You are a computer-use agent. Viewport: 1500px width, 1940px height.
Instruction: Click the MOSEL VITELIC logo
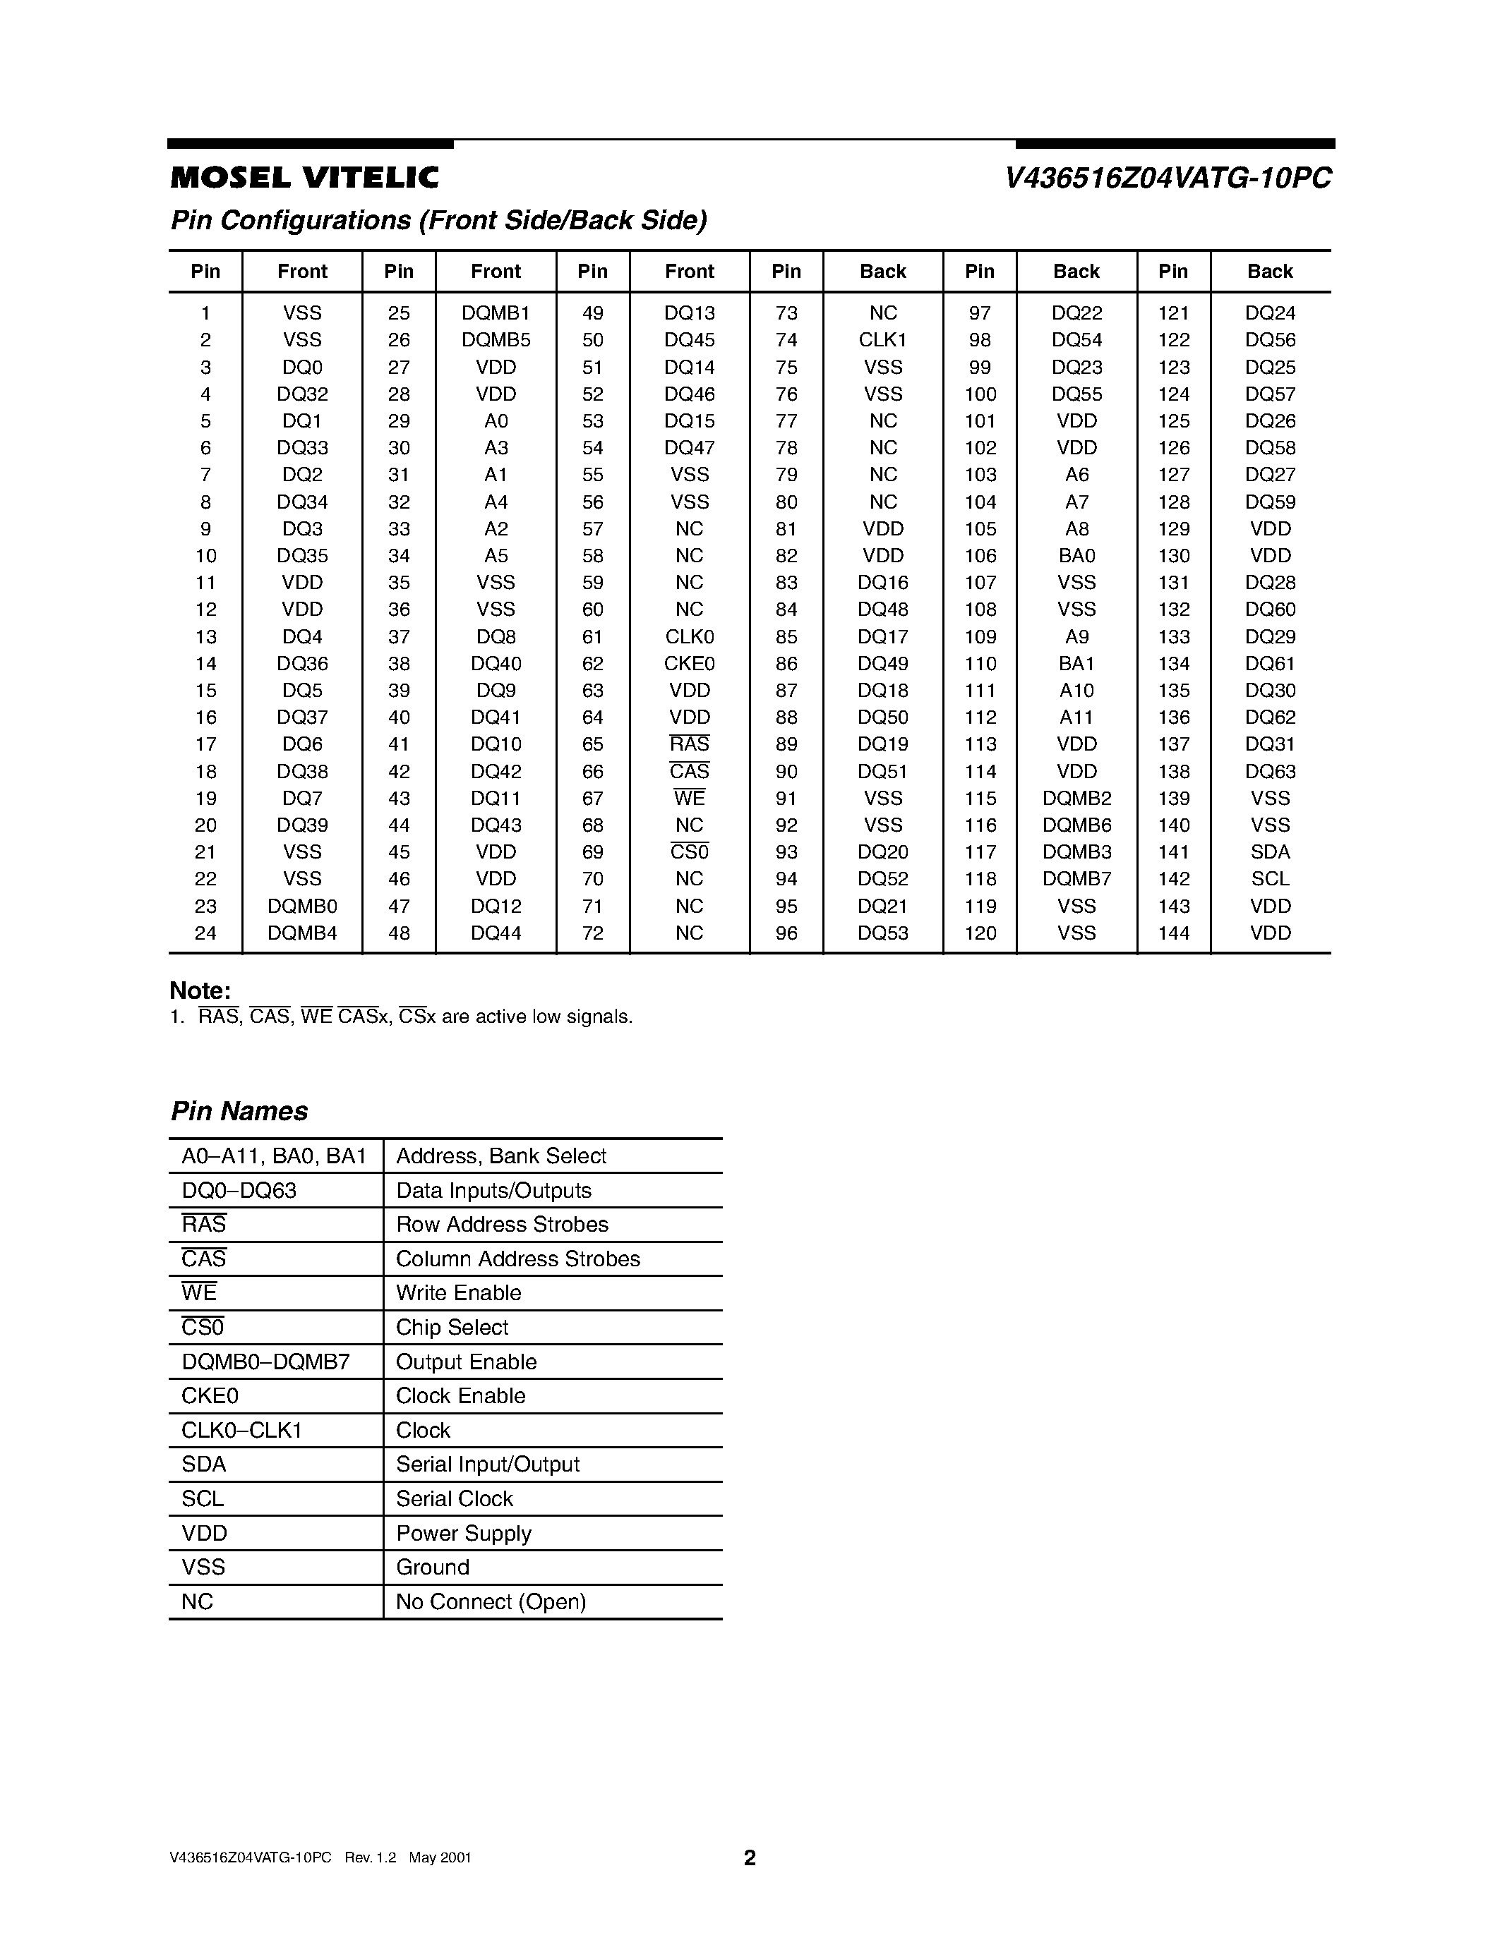coord(304,178)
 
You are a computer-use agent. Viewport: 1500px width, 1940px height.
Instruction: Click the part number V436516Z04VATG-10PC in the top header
coord(1168,178)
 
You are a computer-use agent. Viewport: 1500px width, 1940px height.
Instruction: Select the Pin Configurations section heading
coord(438,220)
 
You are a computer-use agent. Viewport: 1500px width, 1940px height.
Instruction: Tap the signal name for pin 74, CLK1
coord(882,340)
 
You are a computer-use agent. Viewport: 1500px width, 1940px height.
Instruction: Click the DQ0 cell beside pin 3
coord(302,367)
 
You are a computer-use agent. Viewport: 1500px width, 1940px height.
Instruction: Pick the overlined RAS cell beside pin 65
coord(690,744)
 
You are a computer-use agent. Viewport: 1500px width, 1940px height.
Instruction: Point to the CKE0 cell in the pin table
coord(690,664)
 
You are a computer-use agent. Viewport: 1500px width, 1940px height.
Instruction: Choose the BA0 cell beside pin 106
coord(1076,556)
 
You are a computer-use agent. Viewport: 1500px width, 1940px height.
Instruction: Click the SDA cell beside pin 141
coord(1270,852)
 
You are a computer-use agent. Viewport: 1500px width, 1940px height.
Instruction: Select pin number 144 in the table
coord(1173,933)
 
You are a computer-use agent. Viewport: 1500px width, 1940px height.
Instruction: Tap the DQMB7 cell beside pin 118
coord(1076,878)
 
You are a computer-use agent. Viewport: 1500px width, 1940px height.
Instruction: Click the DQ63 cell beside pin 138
coord(1270,771)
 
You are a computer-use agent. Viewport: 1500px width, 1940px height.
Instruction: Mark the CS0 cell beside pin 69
coord(690,852)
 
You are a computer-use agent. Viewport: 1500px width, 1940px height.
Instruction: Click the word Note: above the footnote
coord(200,990)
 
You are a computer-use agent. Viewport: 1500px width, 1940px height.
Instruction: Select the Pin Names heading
coord(239,1111)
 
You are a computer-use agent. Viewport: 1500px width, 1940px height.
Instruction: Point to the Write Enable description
coord(459,1293)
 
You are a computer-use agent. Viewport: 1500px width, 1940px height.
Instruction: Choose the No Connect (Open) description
coord(491,1603)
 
